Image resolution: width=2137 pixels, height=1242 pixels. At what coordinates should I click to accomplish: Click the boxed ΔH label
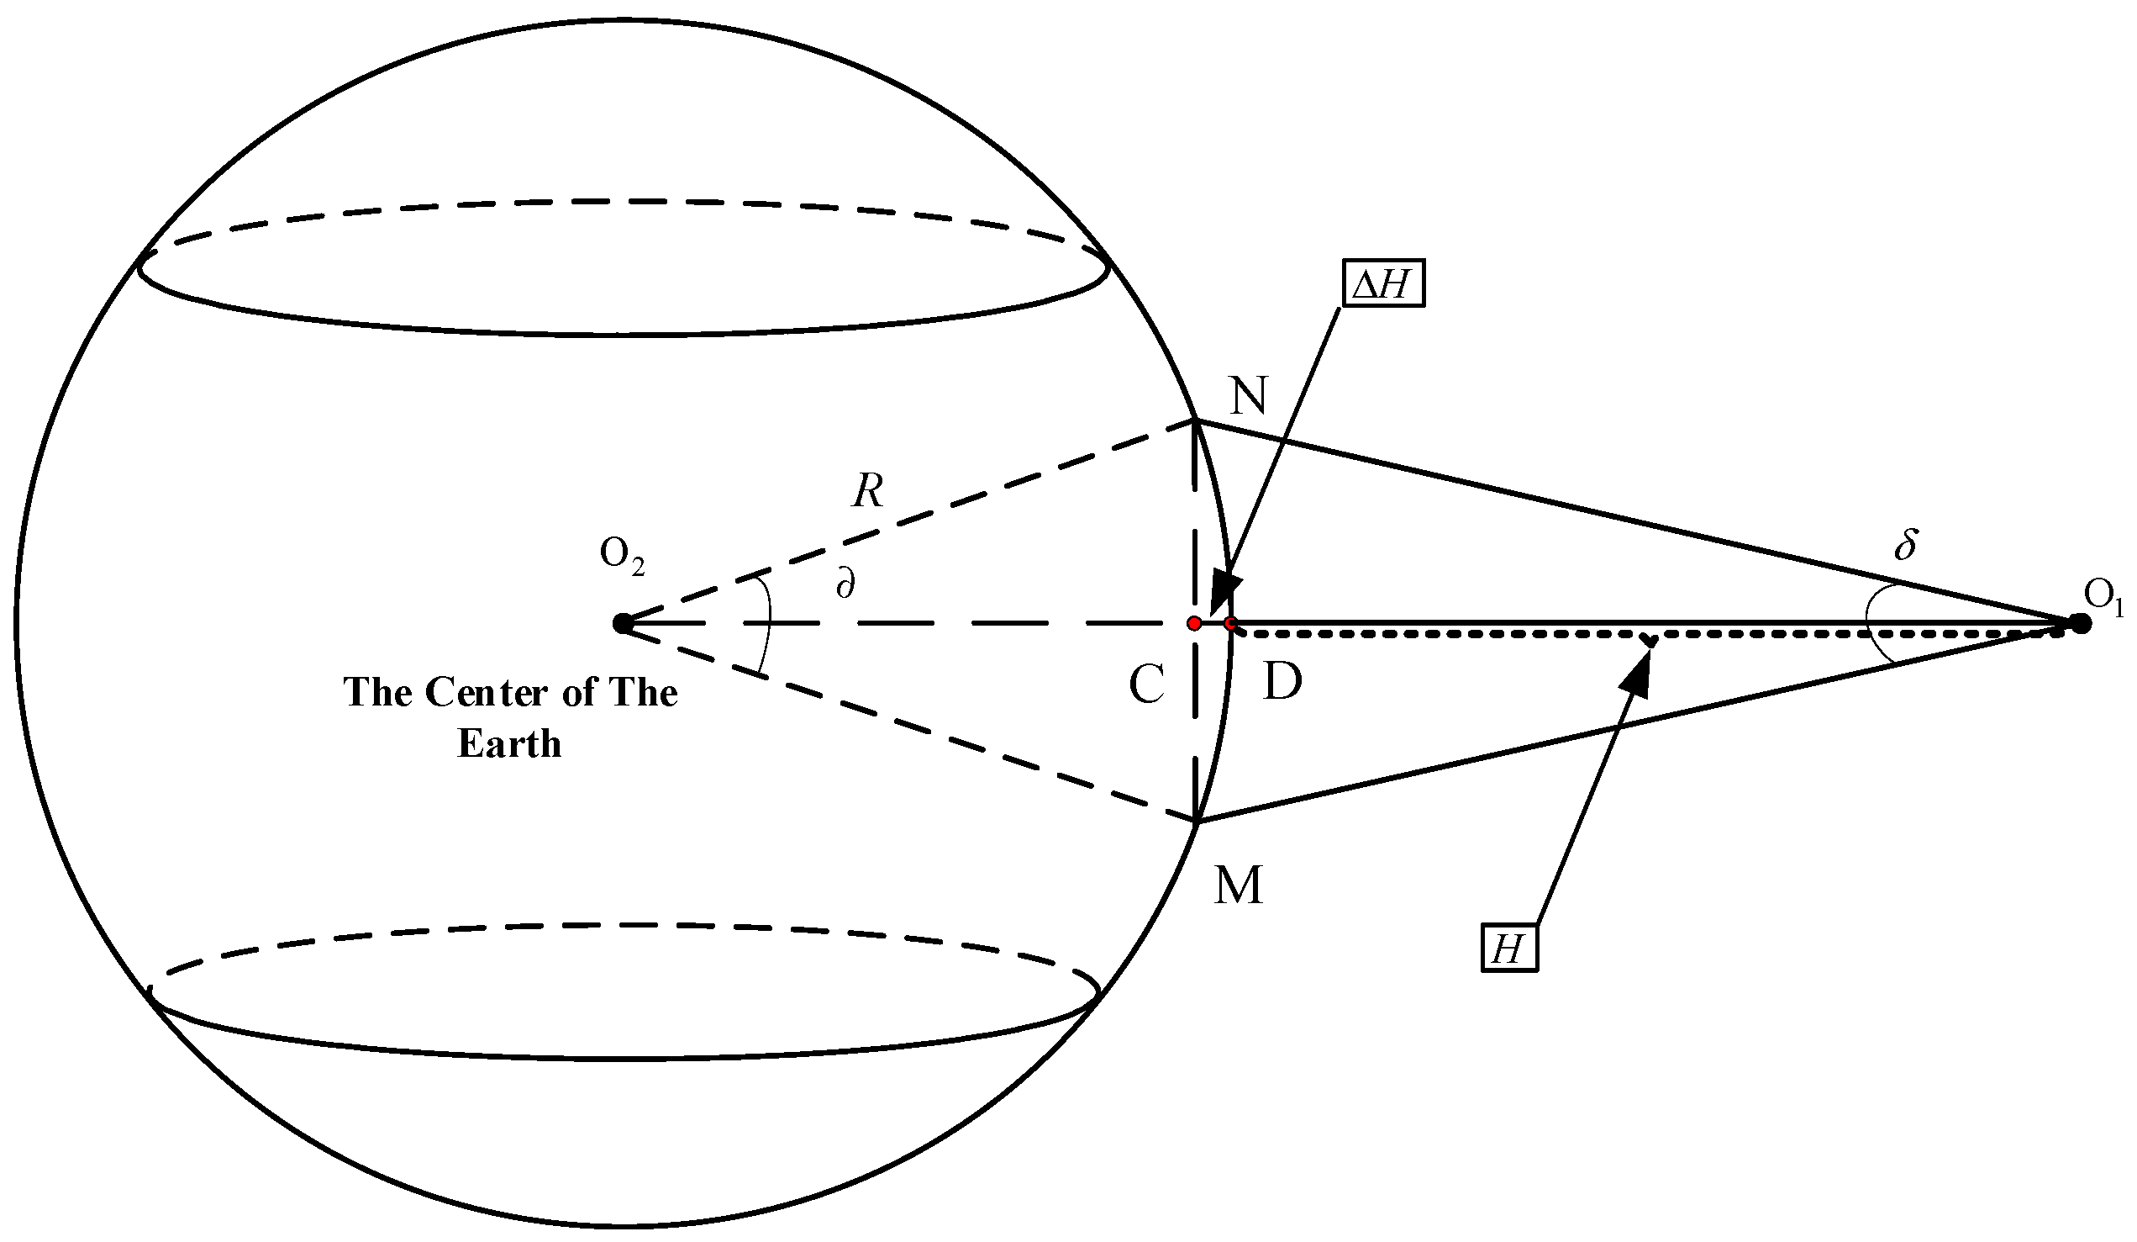click(1383, 284)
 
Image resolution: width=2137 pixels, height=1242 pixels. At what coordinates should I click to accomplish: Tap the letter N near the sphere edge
click(1248, 395)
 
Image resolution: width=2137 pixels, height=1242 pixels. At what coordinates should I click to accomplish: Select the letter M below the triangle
click(1238, 885)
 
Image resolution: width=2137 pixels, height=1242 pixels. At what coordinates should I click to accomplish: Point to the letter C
click(1145, 684)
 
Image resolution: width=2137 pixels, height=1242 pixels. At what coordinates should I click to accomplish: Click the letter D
click(1282, 681)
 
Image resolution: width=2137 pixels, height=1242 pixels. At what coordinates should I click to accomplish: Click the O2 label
click(622, 556)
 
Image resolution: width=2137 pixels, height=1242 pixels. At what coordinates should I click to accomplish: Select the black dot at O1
click(2080, 624)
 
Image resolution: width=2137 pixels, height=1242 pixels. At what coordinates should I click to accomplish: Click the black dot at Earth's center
click(622, 624)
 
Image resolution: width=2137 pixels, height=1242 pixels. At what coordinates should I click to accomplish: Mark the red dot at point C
click(1194, 624)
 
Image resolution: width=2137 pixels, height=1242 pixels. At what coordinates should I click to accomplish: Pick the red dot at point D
click(1230, 624)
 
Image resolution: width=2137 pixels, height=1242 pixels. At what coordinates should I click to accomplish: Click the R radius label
click(867, 490)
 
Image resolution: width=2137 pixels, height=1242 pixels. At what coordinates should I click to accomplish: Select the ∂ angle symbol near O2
click(845, 584)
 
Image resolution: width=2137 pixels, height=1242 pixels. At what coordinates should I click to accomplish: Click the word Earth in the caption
click(508, 744)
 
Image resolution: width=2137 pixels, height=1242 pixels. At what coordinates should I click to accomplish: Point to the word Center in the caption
click(487, 692)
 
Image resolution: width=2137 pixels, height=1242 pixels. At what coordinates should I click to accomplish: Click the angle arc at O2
click(767, 628)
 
